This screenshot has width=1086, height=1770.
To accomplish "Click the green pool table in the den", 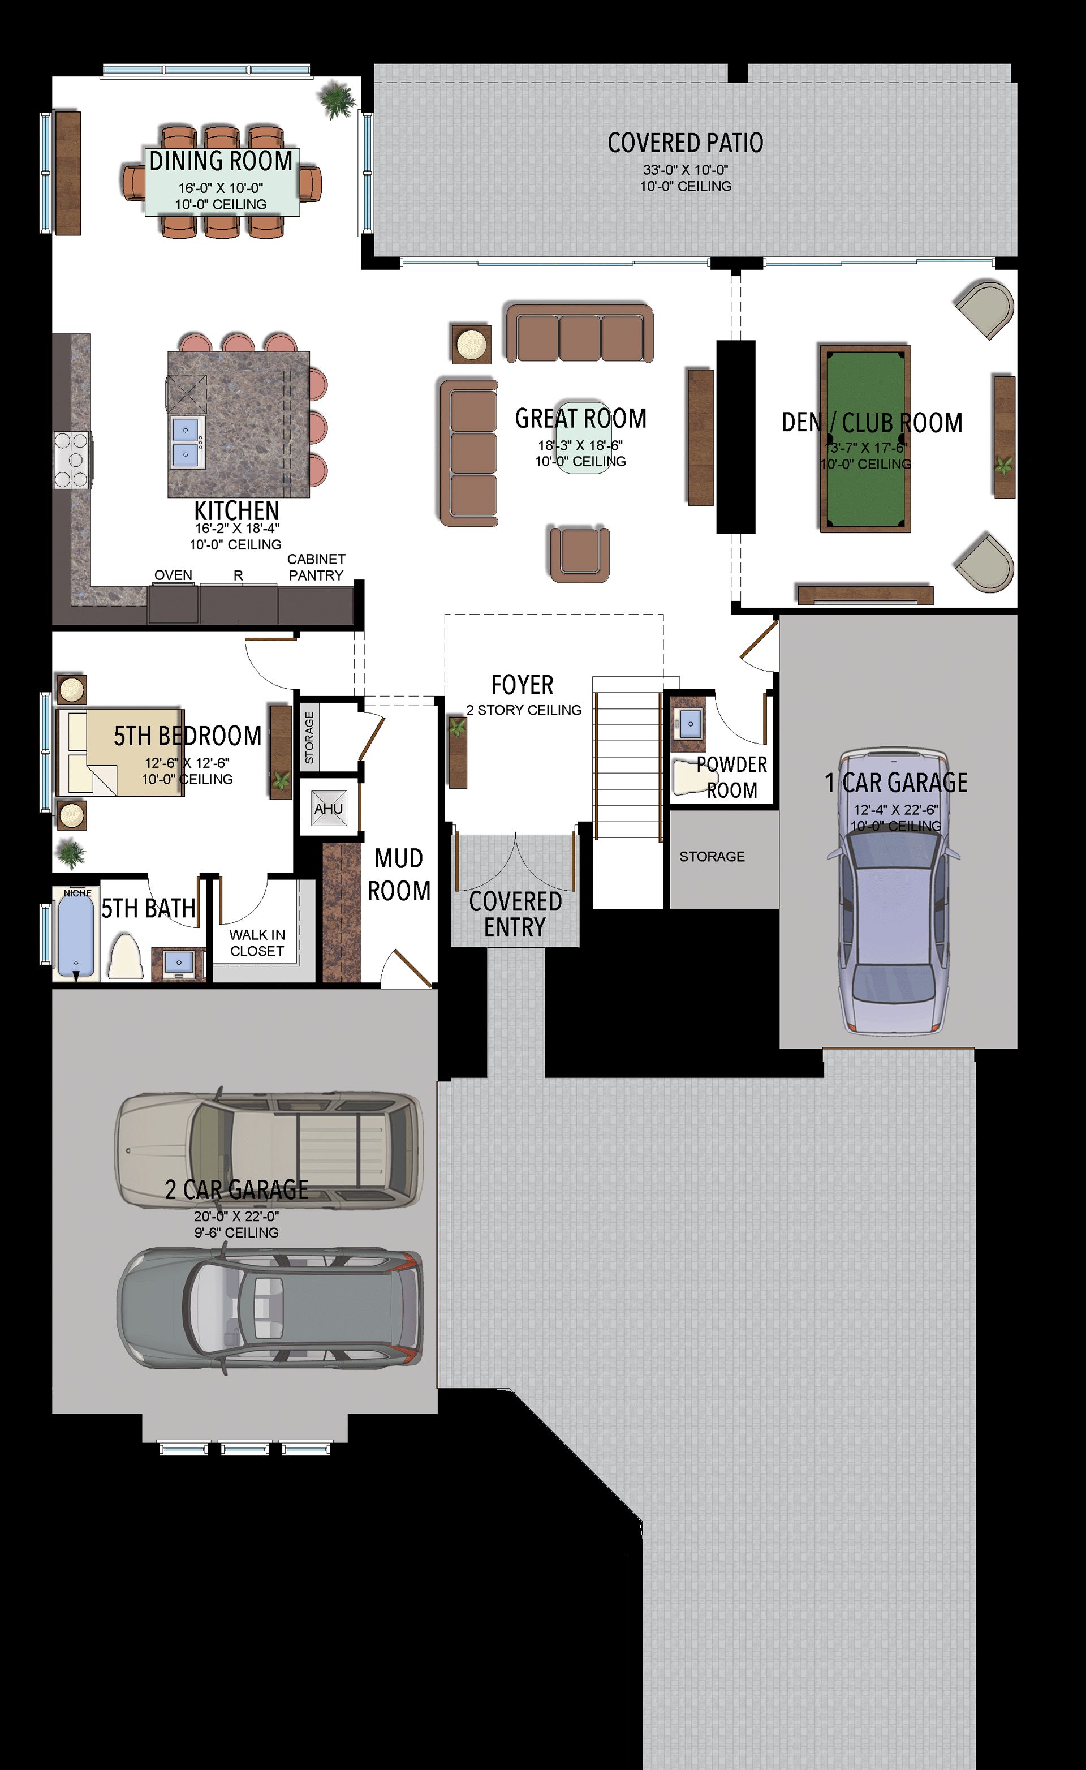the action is pos(865,439).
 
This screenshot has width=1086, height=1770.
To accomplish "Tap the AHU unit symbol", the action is pos(328,808).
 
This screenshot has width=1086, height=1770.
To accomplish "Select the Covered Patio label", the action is pos(685,143).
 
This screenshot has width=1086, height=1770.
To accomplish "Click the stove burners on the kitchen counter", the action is pos(72,459).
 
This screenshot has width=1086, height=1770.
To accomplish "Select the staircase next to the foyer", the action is pos(626,758).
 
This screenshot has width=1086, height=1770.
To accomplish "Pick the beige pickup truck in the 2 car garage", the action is pos(270,1149).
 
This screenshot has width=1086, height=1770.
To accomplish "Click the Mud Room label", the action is pos(399,874).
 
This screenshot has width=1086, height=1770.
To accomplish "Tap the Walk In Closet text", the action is pos(257,943).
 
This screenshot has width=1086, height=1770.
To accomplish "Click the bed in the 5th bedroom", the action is pos(119,751).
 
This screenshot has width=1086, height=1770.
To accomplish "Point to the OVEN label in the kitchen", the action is pos(173,575).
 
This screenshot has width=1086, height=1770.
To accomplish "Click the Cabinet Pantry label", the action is pos(316,567).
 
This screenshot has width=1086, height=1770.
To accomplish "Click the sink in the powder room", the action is pos(690,723).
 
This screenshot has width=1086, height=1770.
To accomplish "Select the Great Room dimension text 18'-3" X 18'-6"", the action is pos(580,445).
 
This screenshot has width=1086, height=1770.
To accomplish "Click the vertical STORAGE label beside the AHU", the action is pos(309,737).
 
